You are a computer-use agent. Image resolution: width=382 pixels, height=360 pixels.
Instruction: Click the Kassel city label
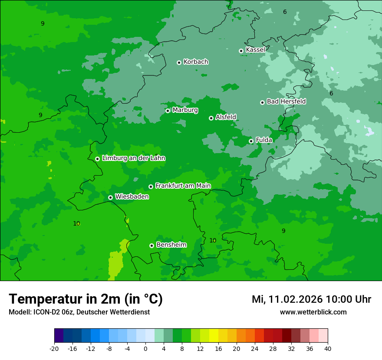pos(255,50)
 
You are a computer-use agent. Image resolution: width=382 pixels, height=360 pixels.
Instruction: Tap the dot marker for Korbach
pos(179,62)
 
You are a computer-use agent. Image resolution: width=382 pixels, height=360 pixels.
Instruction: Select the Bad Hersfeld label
pos(286,101)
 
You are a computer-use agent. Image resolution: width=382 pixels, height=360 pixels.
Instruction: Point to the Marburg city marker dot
pos(168,111)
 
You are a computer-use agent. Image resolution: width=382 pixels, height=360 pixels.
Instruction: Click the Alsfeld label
pos(226,117)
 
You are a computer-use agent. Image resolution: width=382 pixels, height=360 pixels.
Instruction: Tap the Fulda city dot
pos(251,141)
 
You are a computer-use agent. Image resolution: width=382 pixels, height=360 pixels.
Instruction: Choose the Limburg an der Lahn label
pos(133,158)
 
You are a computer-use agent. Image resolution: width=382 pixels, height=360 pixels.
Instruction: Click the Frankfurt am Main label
pos(183,186)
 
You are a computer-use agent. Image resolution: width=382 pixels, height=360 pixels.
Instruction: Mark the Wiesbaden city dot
pos(110,197)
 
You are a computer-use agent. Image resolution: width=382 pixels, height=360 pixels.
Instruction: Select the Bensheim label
pos(171,245)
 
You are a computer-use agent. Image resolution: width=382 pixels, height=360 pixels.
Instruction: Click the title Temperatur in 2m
pos(86,299)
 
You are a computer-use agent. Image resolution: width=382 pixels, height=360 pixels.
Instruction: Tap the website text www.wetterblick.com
pos(313,312)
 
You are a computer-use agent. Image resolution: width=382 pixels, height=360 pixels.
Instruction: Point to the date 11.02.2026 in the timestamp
pos(296,300)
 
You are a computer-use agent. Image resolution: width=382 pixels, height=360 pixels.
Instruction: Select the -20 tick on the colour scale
pos(54,349)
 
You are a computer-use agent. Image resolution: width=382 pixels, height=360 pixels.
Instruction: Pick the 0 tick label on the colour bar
pos(145,349)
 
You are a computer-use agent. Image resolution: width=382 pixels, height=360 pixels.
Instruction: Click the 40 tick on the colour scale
pos(328,349)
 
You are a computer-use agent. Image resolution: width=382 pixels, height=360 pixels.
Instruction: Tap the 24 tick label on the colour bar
pos(255,349)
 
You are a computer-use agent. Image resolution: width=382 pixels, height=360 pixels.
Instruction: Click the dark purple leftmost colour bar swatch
pos(59,336)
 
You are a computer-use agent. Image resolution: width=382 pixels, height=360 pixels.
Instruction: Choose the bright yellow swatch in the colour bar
pos(214,336)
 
